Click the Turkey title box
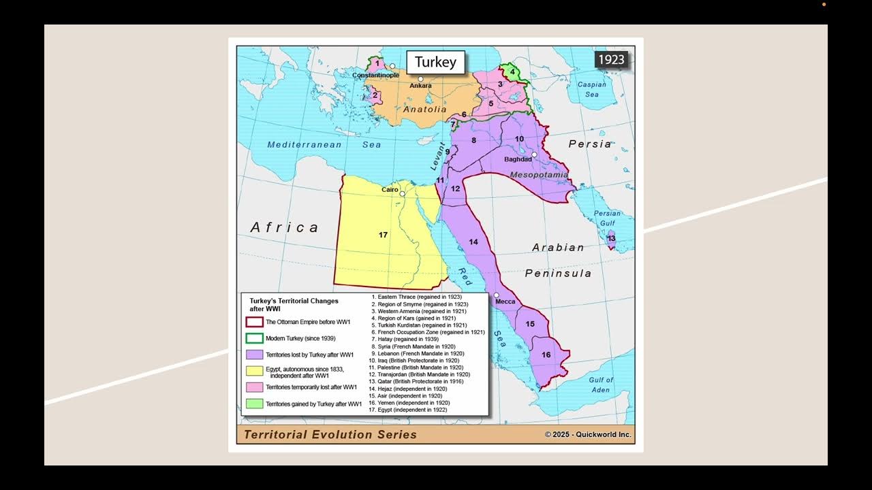point(435,62)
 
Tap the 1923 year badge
point(611,59)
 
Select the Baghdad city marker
point(535,154)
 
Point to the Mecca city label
point(505,301)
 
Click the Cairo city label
point(390,189)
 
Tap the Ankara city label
point(420,86)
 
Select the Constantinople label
point(375,75)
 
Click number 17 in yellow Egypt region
point(383,235)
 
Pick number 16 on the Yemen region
point(546,355)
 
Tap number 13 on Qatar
point(611,238)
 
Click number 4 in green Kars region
point(512,71)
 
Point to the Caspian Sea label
point(591,89)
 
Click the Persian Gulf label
point(607,218)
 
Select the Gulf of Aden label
point(601,385)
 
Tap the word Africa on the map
point(284,227)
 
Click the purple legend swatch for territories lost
point(254,355)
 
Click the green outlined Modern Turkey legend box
point(254,338)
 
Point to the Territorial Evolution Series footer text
point(330,434)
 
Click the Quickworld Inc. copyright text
point(587,434)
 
